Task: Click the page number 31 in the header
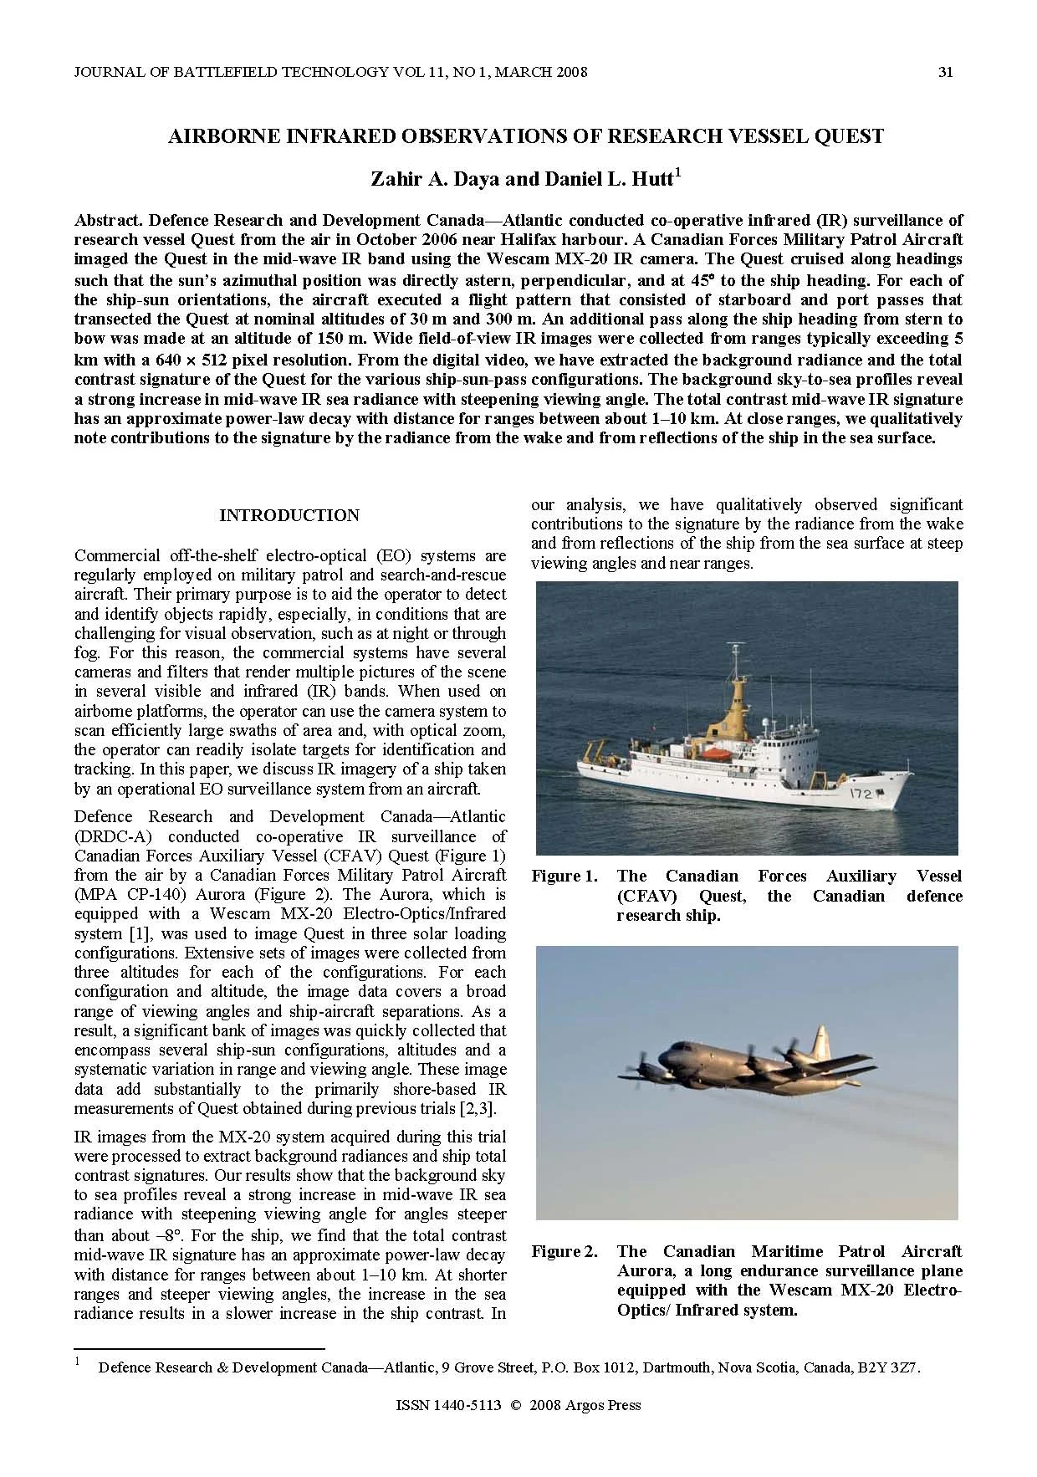[946, 72]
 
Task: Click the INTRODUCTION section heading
[289, 515]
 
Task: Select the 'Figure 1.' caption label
[564, 876]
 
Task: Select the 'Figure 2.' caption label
[564, 1252]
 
